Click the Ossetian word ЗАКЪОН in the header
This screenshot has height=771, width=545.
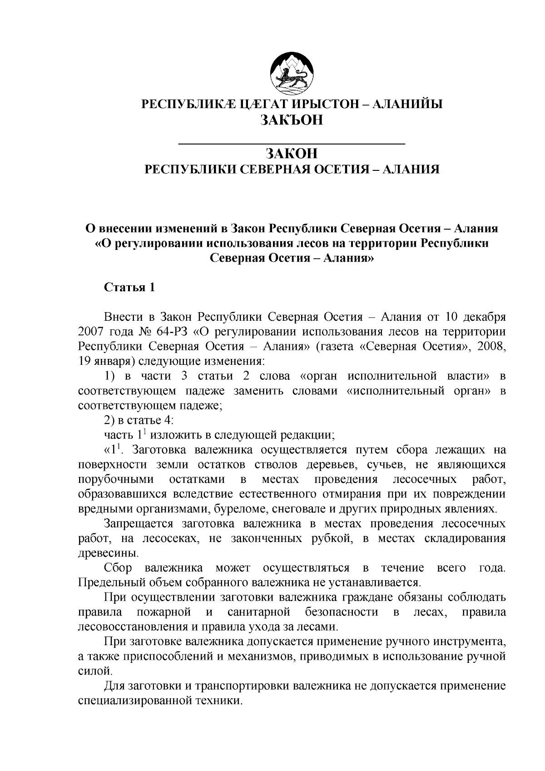pyautogui.click(x=291, y=120)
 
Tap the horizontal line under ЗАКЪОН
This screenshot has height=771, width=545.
pyautogui.click(x=291, y=144)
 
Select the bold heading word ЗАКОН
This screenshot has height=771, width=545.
pyautogui.click(x=291, y=154)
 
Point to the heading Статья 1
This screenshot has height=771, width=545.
pyautogui.click(x=130, y=288)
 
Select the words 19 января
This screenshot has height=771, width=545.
pyautogui.click(x=104, y=362)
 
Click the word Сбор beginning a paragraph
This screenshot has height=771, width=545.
pyautogui.click(x=118, y=568)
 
